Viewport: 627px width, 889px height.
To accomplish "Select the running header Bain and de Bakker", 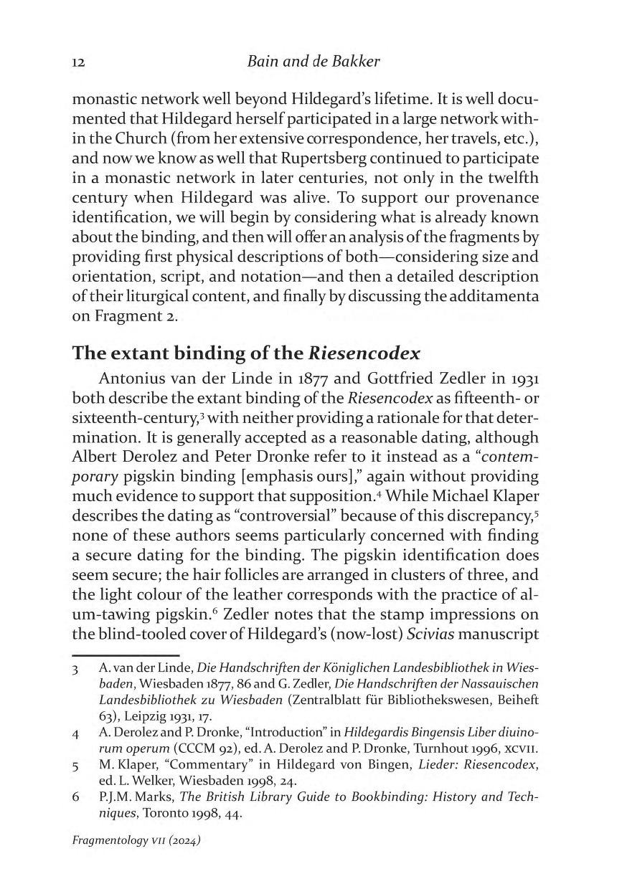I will click(x=313, y=62).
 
